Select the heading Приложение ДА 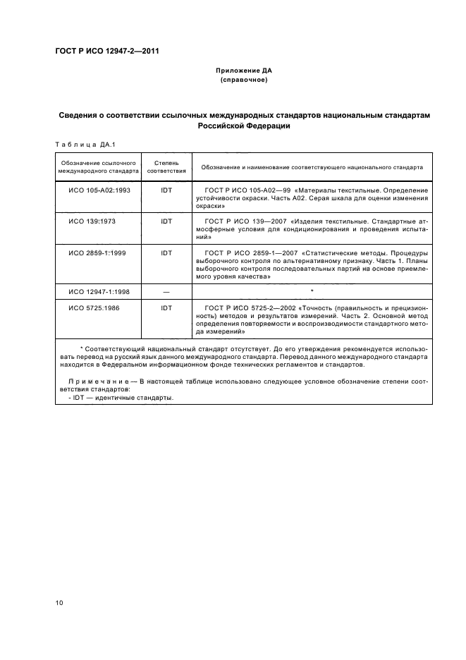(x=243, y=71)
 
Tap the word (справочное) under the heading (x=243, y=80)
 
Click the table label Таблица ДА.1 (x=80, y=145)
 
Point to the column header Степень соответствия (x=166, y=167)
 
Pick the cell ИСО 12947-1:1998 (x=98, y=291)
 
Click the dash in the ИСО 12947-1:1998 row (x=166, y=291)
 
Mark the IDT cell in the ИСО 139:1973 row (x=166, y=221)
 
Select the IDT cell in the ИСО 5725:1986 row (x=166, y=308)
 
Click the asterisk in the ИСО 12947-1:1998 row (x=312, y=291)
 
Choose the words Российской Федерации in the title (x=243, y=127)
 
